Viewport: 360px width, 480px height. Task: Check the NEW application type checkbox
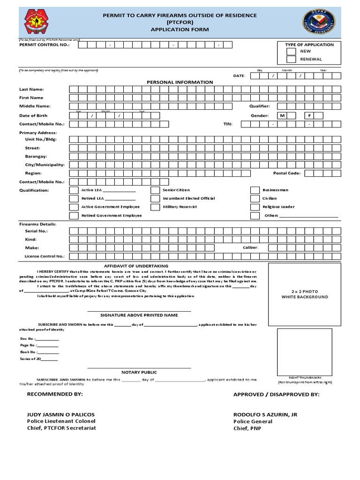click(291, 51)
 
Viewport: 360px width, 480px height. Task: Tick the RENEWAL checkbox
click(291, 60)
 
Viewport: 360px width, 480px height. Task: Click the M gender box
click(282, 115)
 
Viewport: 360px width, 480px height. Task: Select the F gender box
click(309, 115)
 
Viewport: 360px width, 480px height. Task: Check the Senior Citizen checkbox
click(155, 190)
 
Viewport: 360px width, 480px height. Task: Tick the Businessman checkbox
click(255, 190)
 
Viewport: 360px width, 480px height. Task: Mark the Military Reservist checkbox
click(155, 207)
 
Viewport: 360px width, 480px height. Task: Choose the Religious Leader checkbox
click(255, 207)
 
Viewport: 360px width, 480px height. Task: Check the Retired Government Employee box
click(74, 216)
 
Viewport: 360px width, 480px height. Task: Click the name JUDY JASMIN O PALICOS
click(61, 415)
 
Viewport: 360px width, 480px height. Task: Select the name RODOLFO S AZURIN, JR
click(265, 415)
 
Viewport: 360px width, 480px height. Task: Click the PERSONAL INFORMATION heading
click(180, 82)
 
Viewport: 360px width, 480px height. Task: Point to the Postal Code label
click(286, 173)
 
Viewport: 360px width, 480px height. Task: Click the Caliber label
click(250, 247)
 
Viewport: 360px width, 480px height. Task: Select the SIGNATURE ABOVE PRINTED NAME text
click(139, 315)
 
